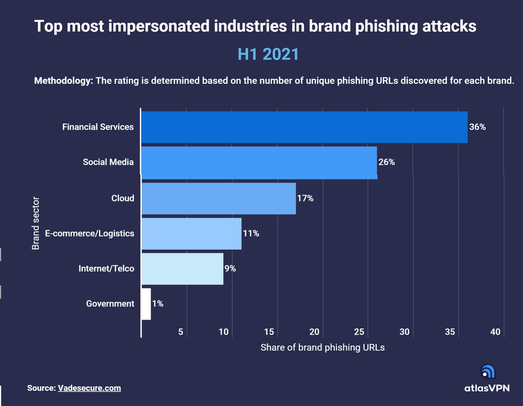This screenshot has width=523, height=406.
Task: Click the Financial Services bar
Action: (304, 127)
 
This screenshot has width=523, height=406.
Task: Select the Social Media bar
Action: (259, 163)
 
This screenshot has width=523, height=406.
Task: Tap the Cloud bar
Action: (218, 198)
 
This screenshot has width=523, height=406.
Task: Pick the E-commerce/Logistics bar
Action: (191, 234)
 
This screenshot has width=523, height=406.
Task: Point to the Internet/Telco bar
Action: (182, 269)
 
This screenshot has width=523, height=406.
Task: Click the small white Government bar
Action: (146, 304)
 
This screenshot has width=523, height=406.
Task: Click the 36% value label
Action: (477, 127)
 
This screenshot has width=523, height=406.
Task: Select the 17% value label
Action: (305, 198)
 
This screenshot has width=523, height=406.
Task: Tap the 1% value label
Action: (158, 304)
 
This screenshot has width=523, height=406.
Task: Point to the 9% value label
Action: (230, 269)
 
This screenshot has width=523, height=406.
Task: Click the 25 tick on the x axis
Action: (359, 332)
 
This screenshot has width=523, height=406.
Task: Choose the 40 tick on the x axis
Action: (495, 332)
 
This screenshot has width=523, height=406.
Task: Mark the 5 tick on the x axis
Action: (181, 332)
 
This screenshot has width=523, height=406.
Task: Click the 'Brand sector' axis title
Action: (36, 223)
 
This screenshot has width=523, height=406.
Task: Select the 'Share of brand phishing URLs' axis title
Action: (322, 347)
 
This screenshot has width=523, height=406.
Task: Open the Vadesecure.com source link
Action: (89, 388)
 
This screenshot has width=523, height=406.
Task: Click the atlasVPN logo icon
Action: (488, 371)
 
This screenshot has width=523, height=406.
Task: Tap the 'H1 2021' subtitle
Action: (268, 54)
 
